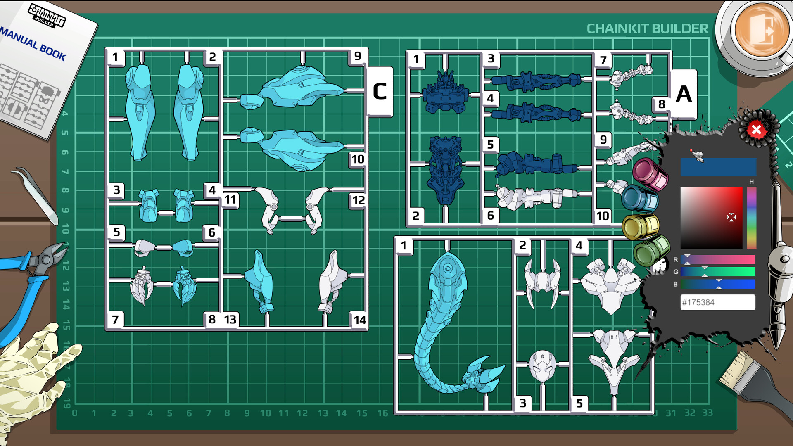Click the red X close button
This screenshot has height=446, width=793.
756,130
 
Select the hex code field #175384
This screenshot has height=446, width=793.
717,302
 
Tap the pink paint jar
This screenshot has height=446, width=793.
650,174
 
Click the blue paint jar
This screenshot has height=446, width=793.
640,199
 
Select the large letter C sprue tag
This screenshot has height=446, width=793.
380,92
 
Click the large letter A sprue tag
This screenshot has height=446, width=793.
684,94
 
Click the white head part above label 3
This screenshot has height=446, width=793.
542,366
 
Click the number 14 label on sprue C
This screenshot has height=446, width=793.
359,320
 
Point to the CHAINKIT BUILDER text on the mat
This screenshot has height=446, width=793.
647,28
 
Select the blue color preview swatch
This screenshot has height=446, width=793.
718,167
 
